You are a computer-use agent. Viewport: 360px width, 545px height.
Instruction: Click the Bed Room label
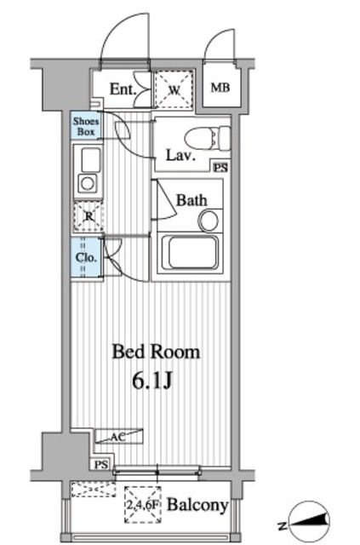tap(156, 352)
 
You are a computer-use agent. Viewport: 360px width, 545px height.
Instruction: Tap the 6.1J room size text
tap(151, 381)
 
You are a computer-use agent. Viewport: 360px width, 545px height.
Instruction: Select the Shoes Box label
tap(86, 127)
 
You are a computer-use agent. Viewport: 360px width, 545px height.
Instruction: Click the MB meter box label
tap(220, 88)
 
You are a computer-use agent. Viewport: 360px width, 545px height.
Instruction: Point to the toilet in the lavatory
tap(207, 139)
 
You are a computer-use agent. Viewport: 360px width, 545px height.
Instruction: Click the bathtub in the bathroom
tap(190, 254)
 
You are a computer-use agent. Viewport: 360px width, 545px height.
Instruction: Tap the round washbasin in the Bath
tap(209, 221)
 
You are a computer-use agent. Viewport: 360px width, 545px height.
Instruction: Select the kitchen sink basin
tap(90, 159)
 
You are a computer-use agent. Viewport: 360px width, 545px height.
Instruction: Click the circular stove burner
tap(88, 183)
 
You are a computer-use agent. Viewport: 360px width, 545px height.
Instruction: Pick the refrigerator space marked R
tap(89, 216)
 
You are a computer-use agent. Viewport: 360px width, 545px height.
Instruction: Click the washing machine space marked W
tap(174, 90)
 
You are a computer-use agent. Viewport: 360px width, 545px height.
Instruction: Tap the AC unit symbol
tap(119, 436)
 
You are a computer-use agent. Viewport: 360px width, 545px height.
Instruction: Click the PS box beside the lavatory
tap(221, 168)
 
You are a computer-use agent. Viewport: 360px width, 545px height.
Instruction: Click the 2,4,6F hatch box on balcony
tap(143, 505)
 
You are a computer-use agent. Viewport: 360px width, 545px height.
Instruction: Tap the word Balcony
tap(197, 505)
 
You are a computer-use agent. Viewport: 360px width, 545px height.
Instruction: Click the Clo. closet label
tap(86, 257)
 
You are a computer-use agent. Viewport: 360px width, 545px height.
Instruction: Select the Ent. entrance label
tap(123, 89)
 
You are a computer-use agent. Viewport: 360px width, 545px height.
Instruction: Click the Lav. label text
tap(180, 155)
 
